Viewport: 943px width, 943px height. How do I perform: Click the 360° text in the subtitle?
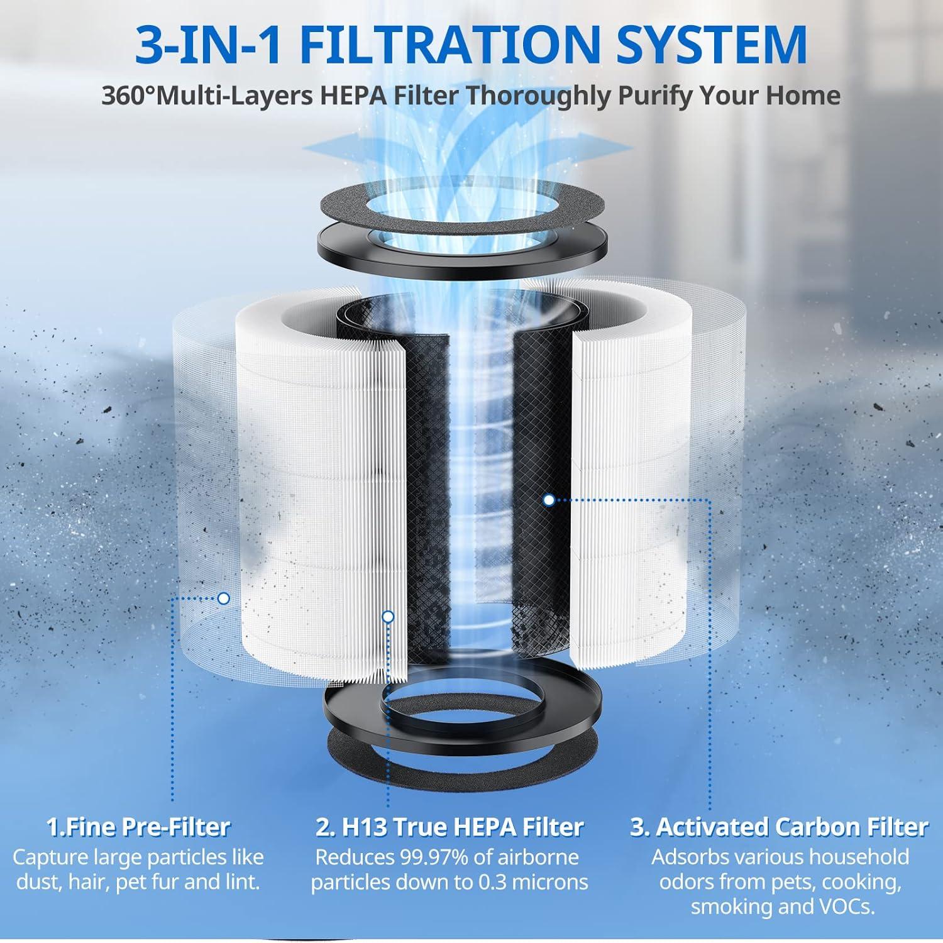point(128,96)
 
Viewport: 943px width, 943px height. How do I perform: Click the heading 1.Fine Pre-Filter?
point(138,827)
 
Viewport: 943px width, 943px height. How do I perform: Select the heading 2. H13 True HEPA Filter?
point(449,827)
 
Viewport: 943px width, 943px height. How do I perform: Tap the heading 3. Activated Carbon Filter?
point(780,827)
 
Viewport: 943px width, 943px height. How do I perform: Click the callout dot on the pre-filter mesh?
point(223,598)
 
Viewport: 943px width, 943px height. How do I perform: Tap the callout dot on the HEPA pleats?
point(388,617)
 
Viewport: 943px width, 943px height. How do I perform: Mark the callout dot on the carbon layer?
point(549,500)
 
